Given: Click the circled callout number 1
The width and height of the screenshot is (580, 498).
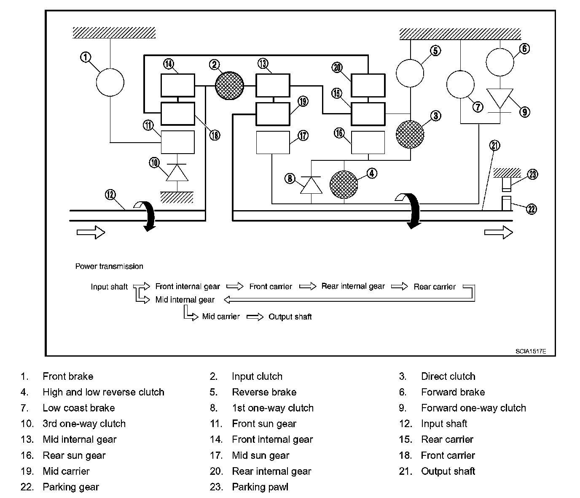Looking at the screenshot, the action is tap(86, 57).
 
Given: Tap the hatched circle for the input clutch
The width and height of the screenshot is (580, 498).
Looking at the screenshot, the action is tap(229, 86).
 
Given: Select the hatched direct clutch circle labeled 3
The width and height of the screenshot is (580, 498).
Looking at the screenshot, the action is tap(410, 134).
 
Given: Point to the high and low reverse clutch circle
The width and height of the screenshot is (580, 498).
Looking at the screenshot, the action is tap(344, 184).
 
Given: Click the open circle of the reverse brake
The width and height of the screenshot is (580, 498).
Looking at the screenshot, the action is tap(410, 73).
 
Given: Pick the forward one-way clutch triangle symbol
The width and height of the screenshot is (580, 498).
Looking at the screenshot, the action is tap(500, 99).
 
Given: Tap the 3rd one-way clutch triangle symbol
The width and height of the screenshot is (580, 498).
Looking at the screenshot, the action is tap(177, 173).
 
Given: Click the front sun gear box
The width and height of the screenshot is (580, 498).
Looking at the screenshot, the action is tap(177, 142).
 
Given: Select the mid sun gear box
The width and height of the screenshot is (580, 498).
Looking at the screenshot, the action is tap(273, 142).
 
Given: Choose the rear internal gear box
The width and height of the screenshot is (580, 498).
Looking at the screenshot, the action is tap(368, 85).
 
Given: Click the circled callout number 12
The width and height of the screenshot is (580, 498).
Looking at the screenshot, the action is tap(110, 195).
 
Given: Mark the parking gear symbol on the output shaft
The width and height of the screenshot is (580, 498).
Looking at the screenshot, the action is tap(506, 203).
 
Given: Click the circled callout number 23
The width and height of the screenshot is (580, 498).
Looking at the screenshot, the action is tap(532, 174).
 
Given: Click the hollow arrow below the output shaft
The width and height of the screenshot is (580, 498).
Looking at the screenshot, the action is tap(499, 232).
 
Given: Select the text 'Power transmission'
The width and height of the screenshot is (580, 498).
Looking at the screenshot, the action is tap(109, 266).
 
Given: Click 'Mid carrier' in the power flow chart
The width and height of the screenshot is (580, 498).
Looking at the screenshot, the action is tap(221, 317).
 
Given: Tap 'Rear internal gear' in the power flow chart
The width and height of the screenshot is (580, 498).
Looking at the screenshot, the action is tap(353, 286).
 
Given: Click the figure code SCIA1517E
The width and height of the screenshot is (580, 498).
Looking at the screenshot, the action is tap(531, 351).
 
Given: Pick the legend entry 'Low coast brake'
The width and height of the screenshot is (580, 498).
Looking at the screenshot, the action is tap(79, 408).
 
